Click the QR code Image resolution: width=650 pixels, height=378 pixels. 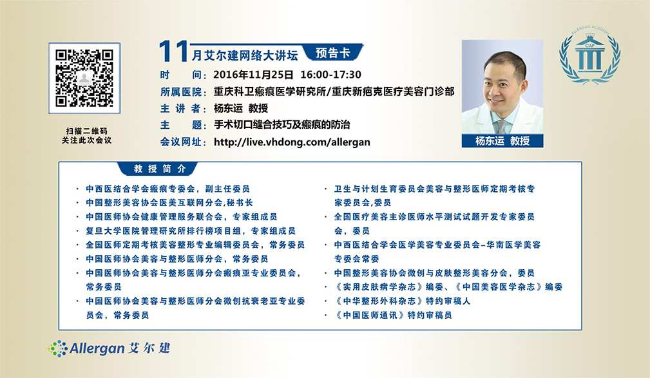[x=84, y=78]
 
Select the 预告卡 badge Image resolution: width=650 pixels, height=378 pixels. [x=333, y=53]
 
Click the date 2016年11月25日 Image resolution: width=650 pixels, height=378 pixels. [x=253, y=75]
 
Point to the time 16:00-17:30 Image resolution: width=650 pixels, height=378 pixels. [x=330, y=75]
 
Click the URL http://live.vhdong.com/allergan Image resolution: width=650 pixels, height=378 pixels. [x=292, y=142]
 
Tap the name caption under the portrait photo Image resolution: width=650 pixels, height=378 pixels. [x=502, y=141]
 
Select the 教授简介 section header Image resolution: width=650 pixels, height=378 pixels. [x=160, y=169]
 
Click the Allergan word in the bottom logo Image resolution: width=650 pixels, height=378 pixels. [x=97, y=348]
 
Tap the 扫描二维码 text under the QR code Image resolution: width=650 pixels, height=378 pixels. [x=86, y=131]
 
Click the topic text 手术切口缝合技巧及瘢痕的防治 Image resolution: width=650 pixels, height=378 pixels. [x=282, y=124]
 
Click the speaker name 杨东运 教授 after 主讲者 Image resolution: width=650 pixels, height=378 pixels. [x=241, y=108]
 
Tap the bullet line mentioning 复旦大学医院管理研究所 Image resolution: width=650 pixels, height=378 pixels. [x=191, y=231]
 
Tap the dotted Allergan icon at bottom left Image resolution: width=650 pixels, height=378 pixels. [x=57, y=348]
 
